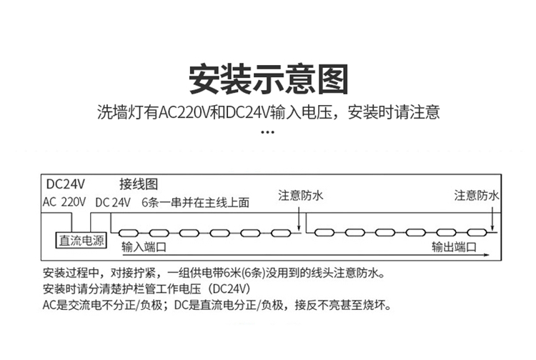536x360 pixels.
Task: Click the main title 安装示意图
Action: [268, 79]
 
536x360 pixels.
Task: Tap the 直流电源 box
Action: [81, 240]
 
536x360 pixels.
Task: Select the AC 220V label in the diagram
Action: [64, 202]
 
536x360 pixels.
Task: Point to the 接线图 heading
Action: [139, 184]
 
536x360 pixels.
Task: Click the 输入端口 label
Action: [144, 246]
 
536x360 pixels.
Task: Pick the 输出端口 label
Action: [454, 246]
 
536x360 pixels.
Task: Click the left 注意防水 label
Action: [300, 196]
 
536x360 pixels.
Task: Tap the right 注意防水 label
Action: [477, 196]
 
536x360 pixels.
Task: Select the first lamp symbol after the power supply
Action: [128, 234]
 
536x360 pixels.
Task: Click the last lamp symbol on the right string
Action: [477, 233]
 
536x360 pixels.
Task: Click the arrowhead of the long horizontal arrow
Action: [487, 255]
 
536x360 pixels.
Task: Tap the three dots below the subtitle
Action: [268, 132]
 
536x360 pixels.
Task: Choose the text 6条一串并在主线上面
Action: [196, 203]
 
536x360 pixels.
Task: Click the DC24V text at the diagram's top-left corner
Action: [65, 184]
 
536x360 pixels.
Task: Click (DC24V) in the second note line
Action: [229, 289]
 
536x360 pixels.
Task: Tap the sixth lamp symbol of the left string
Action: [281, 234]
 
